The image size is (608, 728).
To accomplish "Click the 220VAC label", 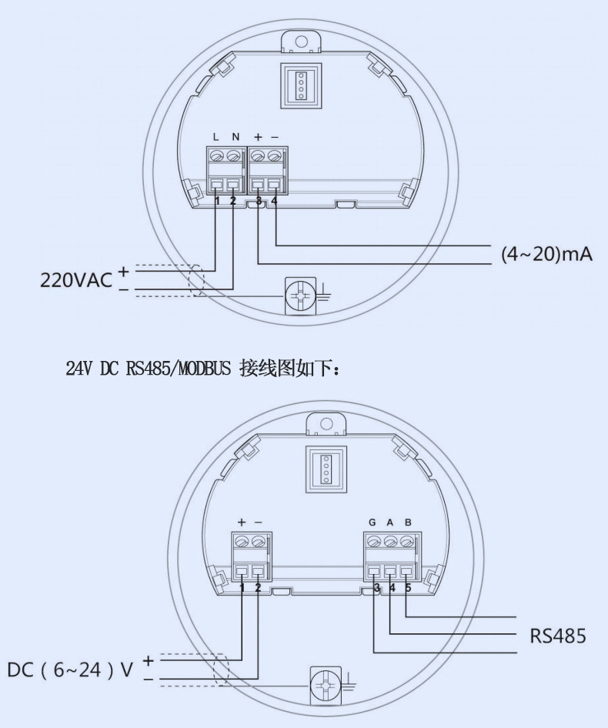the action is pyautogui.click(x=76, y=280).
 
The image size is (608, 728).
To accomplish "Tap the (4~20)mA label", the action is pyautogui.click(x=546, y=254).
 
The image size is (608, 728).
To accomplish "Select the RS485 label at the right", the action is pyautogui.click(x=558, y=636).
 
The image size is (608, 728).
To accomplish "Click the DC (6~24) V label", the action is pyautogui.click(x=70, y=670).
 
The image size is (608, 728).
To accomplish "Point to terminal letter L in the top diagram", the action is pyautogui.click(x=215, y=137).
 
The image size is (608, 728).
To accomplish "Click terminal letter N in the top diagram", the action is pyautogui.click(x=236, y=137).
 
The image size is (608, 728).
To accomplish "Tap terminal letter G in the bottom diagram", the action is pyautogui.click(x=372, y=523).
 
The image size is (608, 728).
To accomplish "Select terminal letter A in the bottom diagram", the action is pyautogui.click(x=390, y=523).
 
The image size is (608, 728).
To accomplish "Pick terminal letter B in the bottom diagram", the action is pyautogui.click(x=408, y=523).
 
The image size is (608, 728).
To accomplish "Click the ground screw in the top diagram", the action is pyautogui.click(x=300, y=296).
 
